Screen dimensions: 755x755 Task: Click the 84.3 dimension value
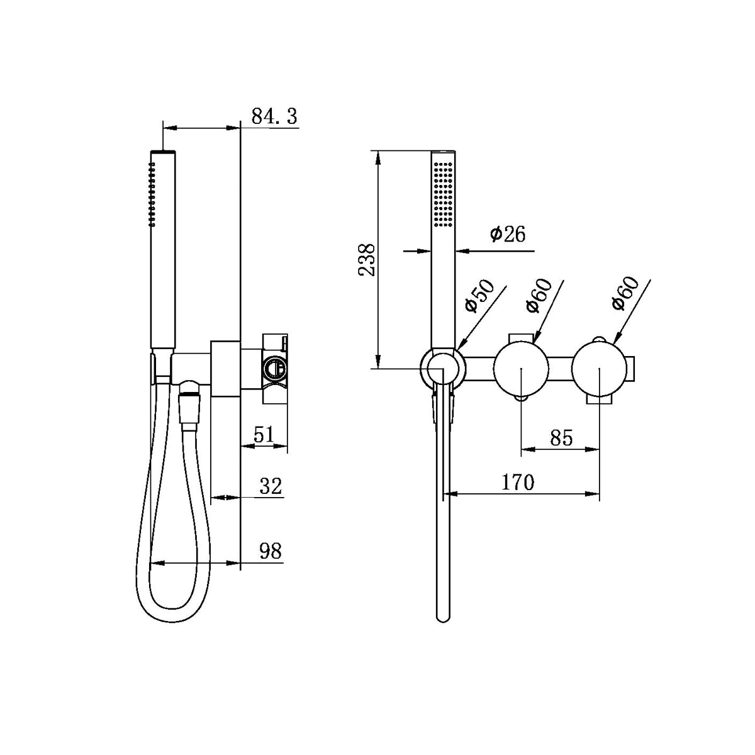point(274,116)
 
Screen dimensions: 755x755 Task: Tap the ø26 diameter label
point(507,235)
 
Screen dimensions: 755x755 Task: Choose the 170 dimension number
point(518,483)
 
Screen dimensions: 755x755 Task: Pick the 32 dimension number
point(271,486)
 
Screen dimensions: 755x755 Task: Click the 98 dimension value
point(271,551)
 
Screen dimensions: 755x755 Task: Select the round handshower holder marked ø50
point(443,368)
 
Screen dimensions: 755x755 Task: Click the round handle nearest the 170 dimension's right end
point(600,369)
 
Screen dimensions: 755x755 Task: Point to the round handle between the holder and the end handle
point(522,369)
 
